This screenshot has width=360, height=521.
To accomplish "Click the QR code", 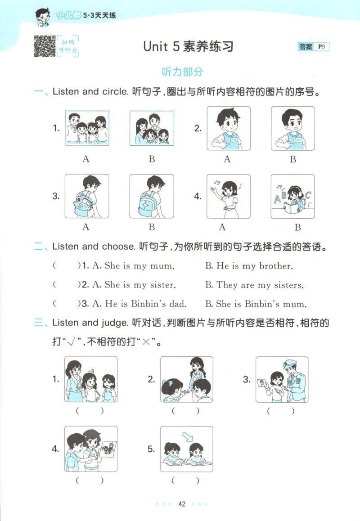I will point(45,46).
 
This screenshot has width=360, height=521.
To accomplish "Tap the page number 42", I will point(182,504).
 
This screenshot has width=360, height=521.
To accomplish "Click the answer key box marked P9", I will point(314,46).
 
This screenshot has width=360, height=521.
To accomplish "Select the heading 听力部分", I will point(182,72).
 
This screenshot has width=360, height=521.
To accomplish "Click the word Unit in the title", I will point(155,46).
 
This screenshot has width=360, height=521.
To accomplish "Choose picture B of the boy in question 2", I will point(292,128).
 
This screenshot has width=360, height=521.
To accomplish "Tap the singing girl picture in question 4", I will point(228,196).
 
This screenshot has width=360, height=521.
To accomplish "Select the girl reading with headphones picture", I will point(292,196).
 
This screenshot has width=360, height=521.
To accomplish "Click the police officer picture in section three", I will point(282,379).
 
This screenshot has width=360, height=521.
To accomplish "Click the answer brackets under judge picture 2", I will point(185,410).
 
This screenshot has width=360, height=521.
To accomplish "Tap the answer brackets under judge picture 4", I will point(90,480).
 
